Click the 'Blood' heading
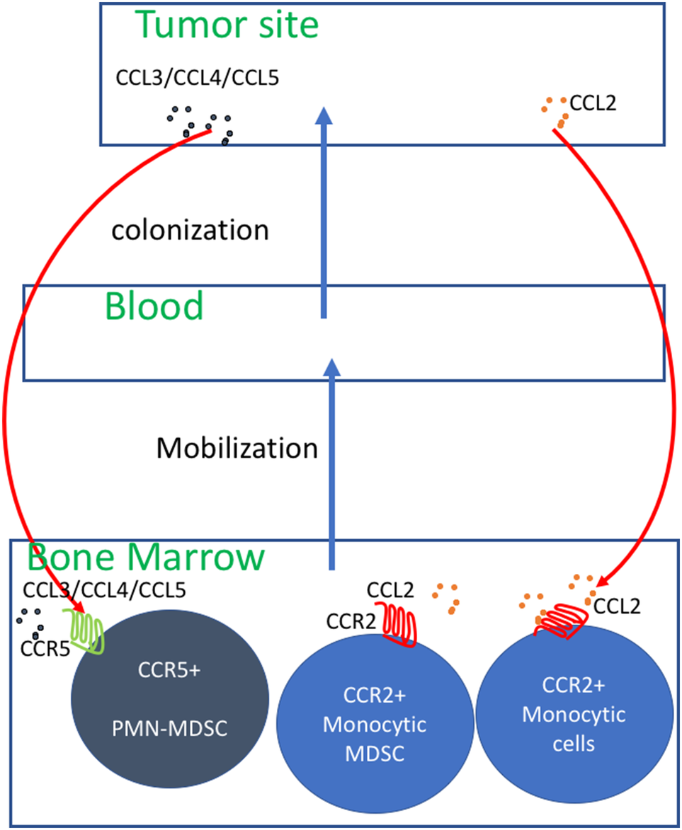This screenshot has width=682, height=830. point(154,306)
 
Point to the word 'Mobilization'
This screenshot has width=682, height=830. point(237,447)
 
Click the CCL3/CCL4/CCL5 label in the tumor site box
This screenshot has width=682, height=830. point(198,77)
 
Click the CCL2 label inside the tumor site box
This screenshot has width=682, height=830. point(598,103)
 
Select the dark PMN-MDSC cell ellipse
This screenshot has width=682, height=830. point(170,708)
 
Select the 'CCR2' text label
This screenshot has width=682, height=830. point(351,621)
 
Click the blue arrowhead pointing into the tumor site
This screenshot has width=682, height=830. point(323,115)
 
